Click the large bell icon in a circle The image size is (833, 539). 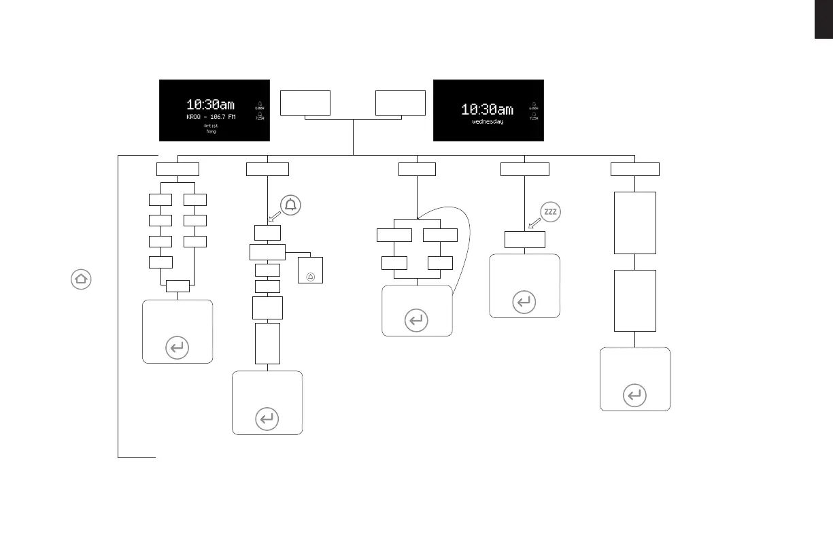291,204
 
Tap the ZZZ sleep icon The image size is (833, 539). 550,212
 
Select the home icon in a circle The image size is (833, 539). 80,279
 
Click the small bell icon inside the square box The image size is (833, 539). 311,277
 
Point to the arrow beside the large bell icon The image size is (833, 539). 274,218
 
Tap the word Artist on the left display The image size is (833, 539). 211,126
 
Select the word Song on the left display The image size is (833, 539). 211,131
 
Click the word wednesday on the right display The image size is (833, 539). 487,122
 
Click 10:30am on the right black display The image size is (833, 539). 487,109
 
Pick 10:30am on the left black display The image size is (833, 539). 211,105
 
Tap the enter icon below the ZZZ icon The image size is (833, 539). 524,302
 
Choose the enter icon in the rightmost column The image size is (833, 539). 634,396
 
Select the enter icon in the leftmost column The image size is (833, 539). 177,348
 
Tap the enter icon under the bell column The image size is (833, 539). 267,419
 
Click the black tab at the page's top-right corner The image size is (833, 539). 823,20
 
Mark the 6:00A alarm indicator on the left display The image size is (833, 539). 260,105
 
